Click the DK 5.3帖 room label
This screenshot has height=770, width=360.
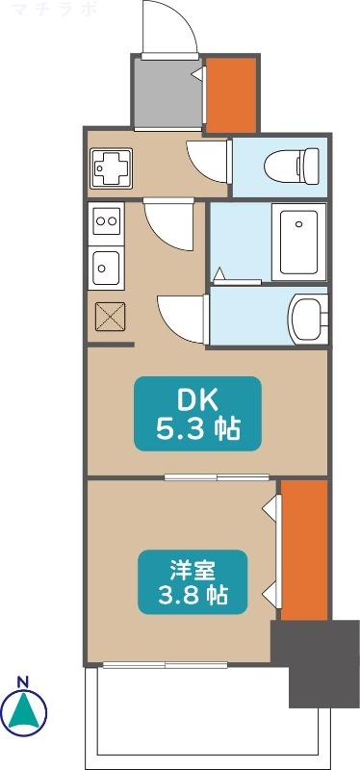pos(197,413)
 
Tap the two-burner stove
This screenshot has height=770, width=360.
pos(107,221)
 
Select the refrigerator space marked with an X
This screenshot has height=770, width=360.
pos(110,315)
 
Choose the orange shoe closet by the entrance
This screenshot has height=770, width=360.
pos(232,94)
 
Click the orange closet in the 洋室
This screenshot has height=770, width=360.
pos(304,549)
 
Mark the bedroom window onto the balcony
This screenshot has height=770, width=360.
pos(166,663)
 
